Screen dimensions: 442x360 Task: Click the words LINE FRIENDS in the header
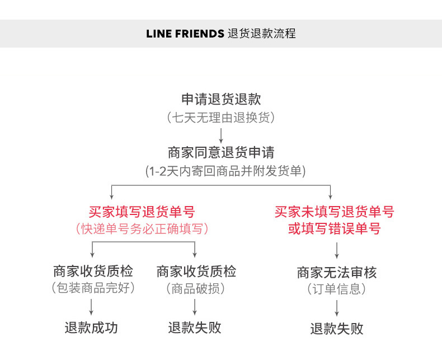coord(185,34)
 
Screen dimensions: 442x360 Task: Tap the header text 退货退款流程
coord(262,34)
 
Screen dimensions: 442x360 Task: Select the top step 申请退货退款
coord(221,99)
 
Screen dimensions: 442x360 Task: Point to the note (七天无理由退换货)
coord(221,118)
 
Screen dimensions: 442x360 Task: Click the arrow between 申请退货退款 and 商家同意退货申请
coord(221,135)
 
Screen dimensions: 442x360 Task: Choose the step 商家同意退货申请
coord(221,152)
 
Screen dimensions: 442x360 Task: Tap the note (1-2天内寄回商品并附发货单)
coord(225,171)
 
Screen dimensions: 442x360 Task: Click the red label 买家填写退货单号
coord(142,212)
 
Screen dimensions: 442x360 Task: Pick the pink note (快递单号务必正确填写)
coord(142,228)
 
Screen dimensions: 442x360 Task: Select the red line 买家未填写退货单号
coord(335,212)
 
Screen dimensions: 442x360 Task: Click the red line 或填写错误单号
coord(335,228)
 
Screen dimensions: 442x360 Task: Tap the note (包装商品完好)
coord(93,288)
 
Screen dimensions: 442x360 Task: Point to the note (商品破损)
coord(195,288)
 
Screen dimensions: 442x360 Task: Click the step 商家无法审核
coord(337,272)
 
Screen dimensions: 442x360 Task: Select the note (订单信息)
coord(336,289)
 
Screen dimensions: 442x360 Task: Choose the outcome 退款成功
coord(91,328)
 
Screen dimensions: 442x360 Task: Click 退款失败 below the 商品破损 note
coord(195,328)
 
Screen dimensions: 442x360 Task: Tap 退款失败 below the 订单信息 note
coord(337,329)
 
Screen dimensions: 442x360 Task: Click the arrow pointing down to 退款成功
coord(91,307)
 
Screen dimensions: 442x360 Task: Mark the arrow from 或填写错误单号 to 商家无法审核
coord(337,250)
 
